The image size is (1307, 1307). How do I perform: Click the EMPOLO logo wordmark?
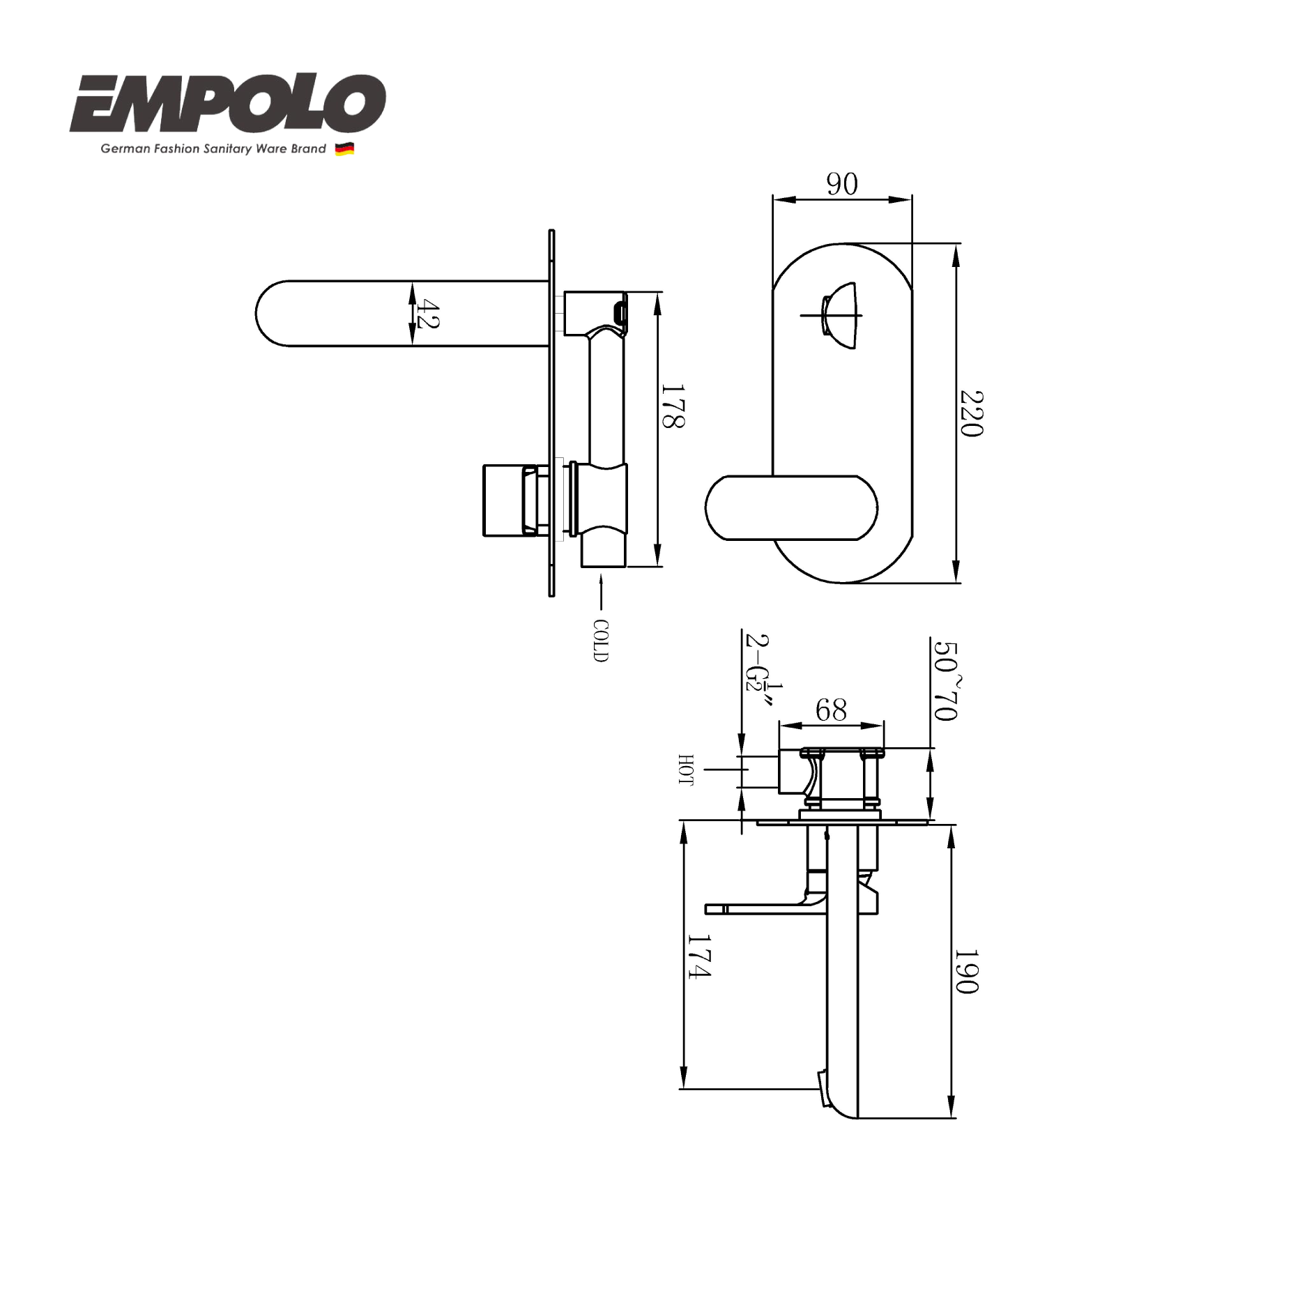point(227,105)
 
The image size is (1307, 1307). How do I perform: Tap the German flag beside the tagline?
point(344,148)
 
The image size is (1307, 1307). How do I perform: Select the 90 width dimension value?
point(842,185)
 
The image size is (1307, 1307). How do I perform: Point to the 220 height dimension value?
point(971,413)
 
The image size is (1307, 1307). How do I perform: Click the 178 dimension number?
point(673,406)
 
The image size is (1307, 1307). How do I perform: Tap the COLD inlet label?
point(600,640)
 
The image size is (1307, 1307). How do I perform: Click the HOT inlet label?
point(686,770)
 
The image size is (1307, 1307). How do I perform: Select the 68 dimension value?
point(831,710)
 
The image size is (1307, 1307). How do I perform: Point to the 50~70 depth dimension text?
point(947,680)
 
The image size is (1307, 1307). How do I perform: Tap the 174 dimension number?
point(699,956)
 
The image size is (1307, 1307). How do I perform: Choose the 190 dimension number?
point(966,971)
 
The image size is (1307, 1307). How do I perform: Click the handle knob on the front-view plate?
point(839,315)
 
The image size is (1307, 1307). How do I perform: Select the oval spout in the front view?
point(791,507)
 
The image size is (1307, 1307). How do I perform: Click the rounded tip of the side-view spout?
point(268,314)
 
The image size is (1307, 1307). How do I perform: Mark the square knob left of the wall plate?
point(503,500)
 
